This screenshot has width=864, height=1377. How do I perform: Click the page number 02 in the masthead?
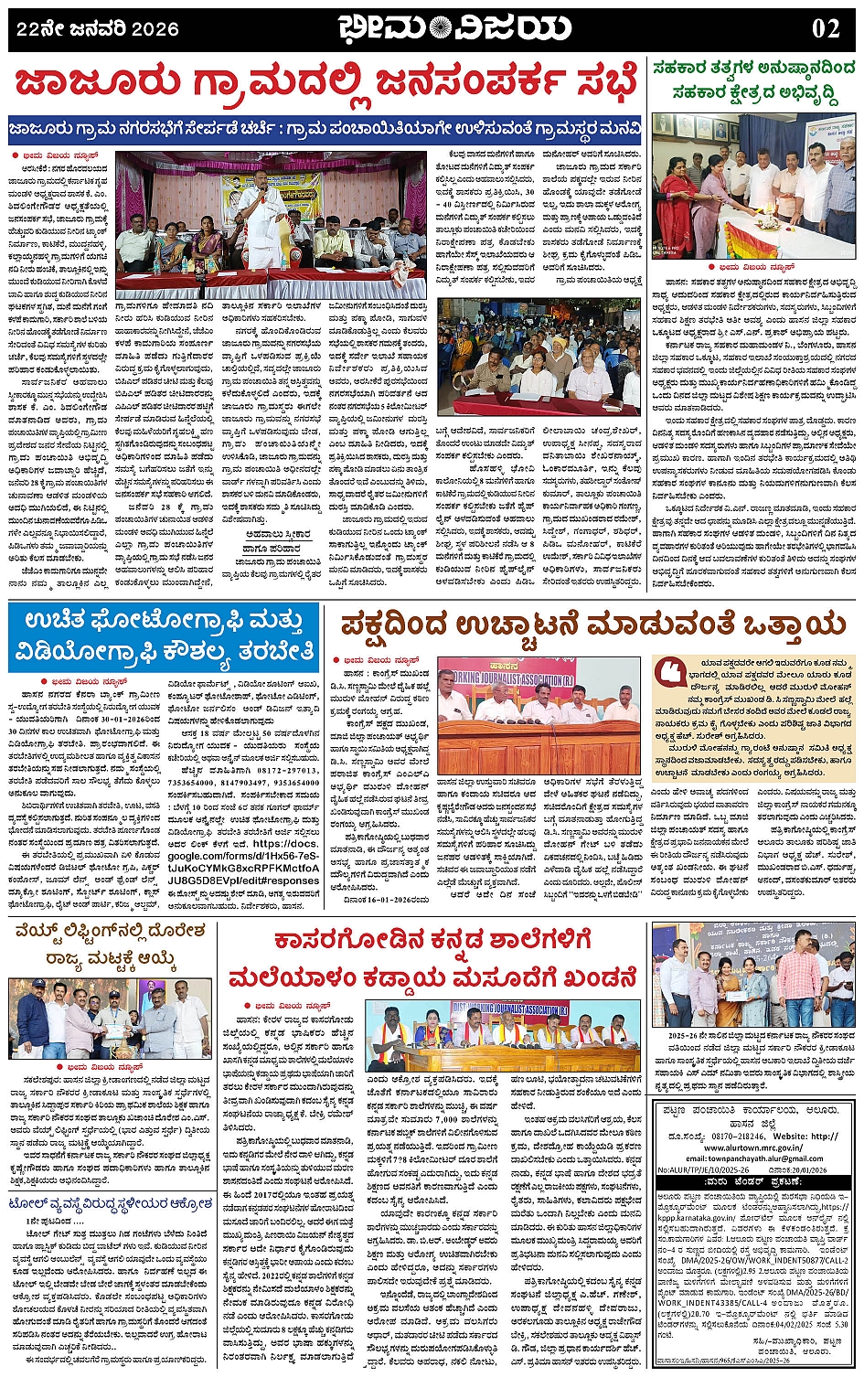(825, 28)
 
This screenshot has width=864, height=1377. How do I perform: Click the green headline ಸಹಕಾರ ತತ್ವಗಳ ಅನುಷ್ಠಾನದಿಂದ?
(753, 68)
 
